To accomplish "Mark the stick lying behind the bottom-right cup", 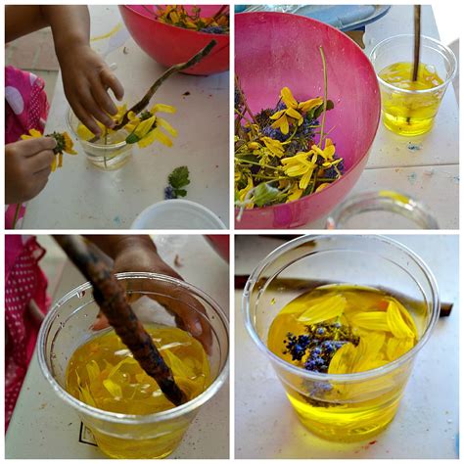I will point(443,307).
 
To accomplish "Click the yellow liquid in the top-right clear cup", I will point(409,108).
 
